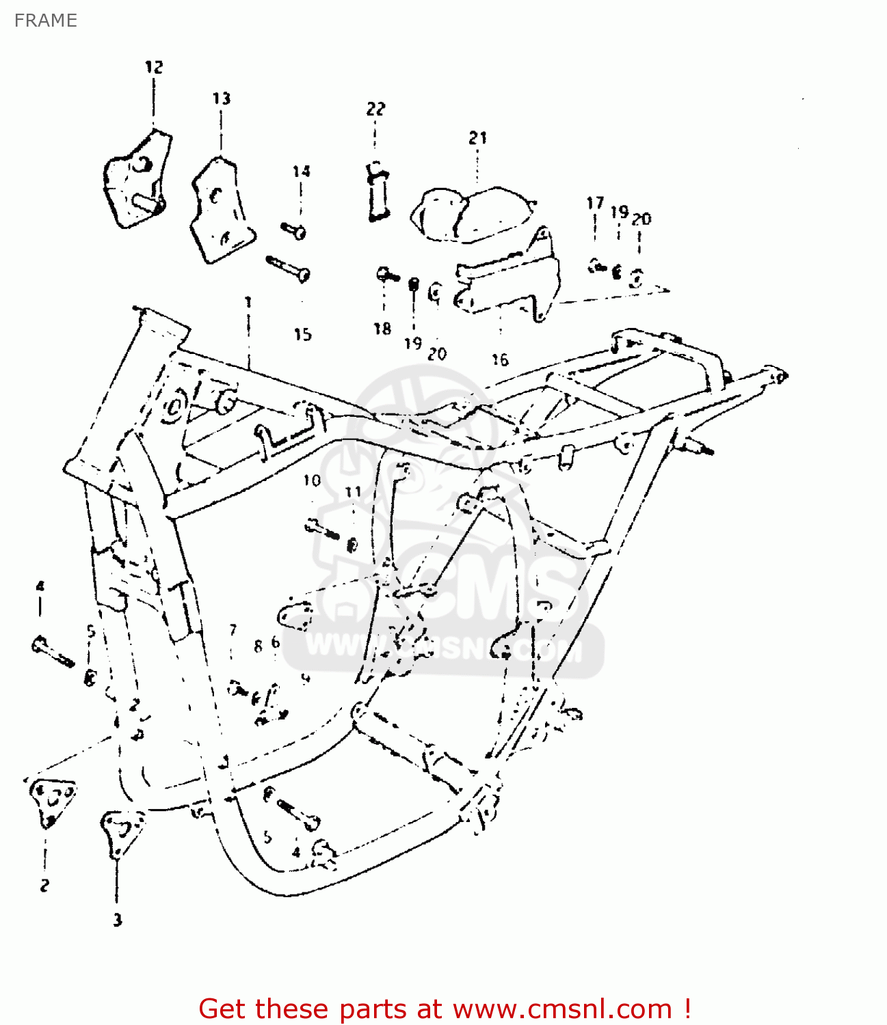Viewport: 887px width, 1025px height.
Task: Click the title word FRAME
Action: tap(45, 20)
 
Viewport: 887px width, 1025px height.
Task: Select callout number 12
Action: tap(154, 67)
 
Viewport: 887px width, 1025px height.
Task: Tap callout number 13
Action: tap(221, 98)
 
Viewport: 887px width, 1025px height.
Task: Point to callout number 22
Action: tap(375, 109)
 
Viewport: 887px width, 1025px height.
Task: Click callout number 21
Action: tap(477, 138)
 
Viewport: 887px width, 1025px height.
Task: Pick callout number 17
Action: tap(595, 203)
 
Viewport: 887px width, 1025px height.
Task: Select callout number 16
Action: tap(500, 359)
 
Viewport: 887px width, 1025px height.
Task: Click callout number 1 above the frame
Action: tap(248, 301)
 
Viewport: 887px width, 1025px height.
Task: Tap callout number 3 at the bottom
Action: tap(118, 920)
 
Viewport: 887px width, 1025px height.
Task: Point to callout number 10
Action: tap(312, 480)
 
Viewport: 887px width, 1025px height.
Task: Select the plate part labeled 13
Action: tap(220, 209)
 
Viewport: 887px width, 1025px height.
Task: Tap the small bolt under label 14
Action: tap(293, 230)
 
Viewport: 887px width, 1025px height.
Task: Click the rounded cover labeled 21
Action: tap(472, 215)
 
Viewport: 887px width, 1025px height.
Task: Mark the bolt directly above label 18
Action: tap(387, 275)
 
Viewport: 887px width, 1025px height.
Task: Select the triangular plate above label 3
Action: tap(122, 830)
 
